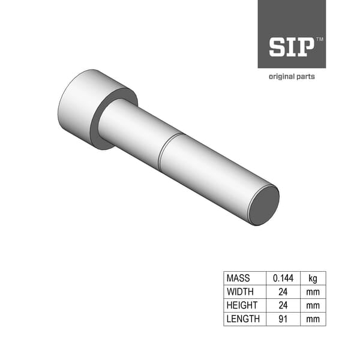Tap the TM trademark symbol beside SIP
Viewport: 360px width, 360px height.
319,39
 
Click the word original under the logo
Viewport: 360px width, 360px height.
281,77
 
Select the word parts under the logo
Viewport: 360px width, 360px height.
305,77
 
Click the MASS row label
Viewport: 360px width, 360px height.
238,278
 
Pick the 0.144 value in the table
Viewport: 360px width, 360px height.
283,278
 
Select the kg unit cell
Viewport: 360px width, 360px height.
313,278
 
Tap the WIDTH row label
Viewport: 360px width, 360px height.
240,292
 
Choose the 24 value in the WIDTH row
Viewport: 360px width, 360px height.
283,292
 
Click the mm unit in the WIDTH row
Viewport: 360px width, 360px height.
313,292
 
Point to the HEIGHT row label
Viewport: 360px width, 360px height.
242,305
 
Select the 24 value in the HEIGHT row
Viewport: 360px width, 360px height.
283,305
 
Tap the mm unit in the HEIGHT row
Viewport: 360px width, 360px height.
313,305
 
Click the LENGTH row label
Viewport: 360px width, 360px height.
243,319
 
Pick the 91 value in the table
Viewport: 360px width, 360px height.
283,319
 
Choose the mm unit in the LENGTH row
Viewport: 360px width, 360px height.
313,319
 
